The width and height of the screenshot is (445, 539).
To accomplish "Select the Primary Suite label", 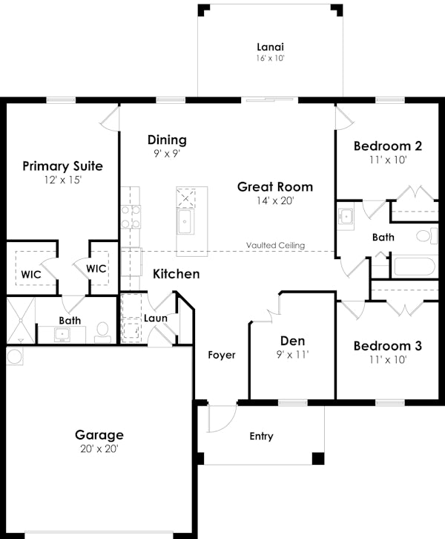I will (x=62, y=166).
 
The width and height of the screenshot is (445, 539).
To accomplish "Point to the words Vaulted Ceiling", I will (x=276, y=246).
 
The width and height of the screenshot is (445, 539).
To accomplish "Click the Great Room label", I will (x=275, y=187).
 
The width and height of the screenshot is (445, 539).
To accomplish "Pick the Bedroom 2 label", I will (x=387, y=146).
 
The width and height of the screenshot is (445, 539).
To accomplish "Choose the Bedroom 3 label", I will (x=387, y=346).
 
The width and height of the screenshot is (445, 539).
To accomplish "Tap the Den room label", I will (x=292, y=342).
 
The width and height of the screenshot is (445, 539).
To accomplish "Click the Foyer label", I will (x=221, y=355).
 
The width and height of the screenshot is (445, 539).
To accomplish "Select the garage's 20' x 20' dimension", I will (x=99, y=448).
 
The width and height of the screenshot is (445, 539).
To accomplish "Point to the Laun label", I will (x=156, y=318).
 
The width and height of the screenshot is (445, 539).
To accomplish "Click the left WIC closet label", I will (x=31, y=274).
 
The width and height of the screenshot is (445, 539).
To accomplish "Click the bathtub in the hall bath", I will (x=415, y=266).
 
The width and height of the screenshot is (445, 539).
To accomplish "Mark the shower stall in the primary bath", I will (x=20, y=320).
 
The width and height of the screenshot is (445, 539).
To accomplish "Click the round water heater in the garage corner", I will (x=15, y=356).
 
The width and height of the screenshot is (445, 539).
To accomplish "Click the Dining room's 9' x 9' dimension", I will (x=166, y=153).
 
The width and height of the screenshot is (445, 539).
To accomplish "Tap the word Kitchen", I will (x=176, y=274).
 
